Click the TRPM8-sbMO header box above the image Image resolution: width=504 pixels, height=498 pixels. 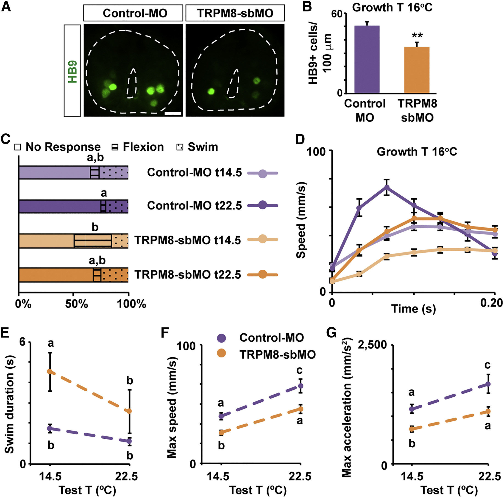click(x=235, y=13)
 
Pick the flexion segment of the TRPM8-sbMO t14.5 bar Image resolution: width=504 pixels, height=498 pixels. click(x=93, y=240)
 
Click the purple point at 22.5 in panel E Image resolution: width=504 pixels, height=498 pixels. click(x=129, y=441)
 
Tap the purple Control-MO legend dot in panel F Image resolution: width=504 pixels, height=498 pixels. click(x=221, y=338)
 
